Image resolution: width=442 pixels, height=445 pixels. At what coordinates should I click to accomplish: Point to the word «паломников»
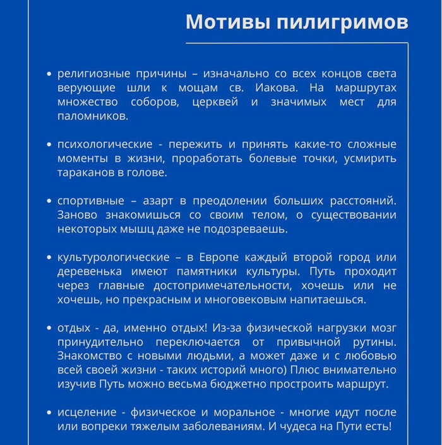(x=92, y=116)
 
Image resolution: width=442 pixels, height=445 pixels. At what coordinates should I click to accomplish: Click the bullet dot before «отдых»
(x=49, y=329)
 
